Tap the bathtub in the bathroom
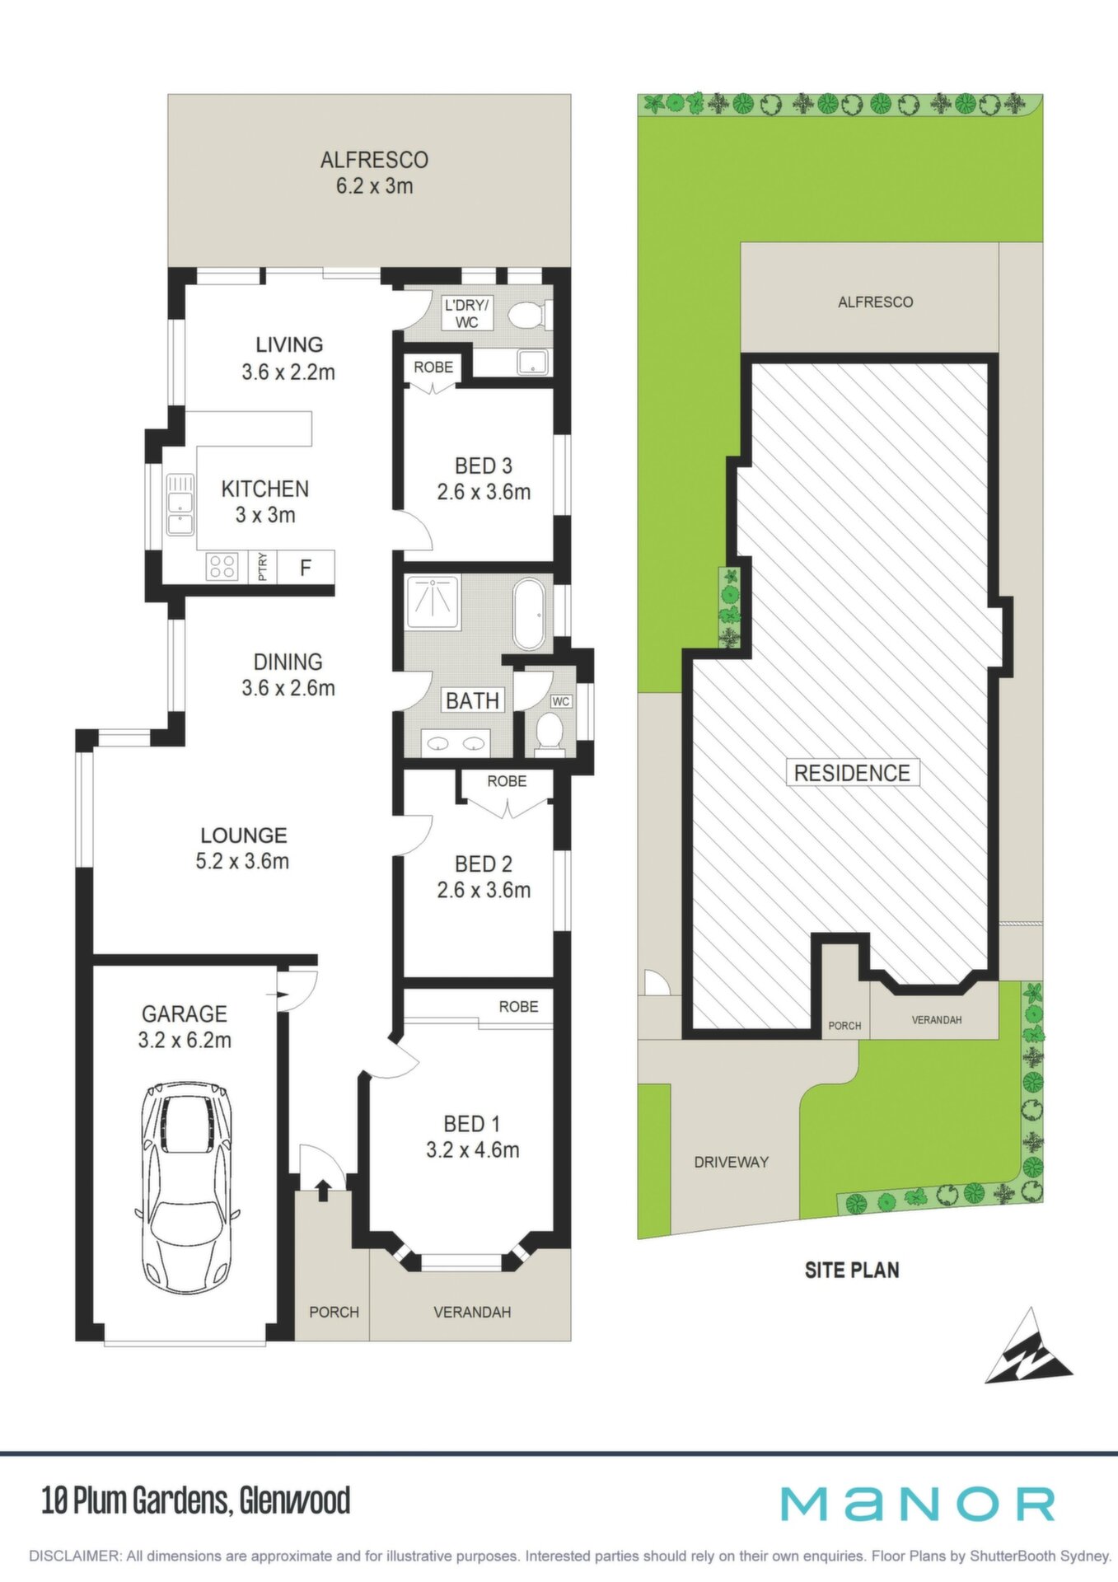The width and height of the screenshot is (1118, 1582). pos(529,614)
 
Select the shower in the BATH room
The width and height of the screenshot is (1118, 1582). pos(433,602)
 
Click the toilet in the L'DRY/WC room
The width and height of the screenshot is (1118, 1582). pos(529,315)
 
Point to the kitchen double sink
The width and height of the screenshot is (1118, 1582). pos(180,504)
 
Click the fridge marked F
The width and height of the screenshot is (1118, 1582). pos(306,568)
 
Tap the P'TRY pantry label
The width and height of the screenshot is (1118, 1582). pos(263,568)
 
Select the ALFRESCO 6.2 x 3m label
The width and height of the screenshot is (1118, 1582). pos(374,172)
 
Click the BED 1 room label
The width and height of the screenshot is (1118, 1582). pos(472,1124)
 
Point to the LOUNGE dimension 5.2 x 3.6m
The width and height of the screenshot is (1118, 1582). pos(242,862)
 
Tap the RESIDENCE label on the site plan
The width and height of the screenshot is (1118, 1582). pos(852,773)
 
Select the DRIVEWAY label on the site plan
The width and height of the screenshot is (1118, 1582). pos(732,1162)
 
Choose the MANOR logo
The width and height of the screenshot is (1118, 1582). pos(918,1504)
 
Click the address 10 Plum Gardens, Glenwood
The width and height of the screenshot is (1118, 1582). pos(196,1500)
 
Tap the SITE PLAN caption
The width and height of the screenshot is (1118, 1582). pos(852,1270)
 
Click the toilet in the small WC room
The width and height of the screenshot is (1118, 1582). pos(549,732)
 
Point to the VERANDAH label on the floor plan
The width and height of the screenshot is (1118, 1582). pos(472,1312)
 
